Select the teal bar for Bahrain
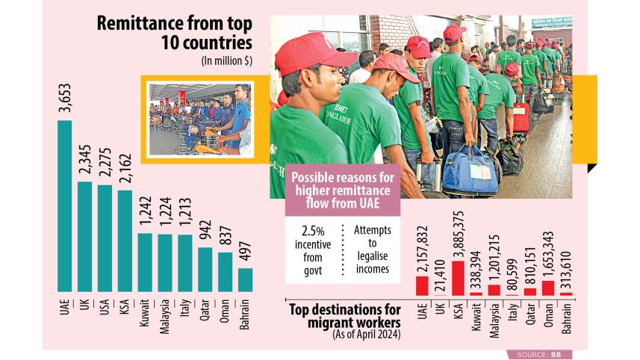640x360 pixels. coord(246,279)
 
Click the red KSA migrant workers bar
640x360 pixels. coord(458,278)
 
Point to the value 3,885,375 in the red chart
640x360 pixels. coord(458,233)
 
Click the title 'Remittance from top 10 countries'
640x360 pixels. coord(176,33)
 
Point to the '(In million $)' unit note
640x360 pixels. coord(226,61)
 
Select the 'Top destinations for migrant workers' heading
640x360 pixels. coord(345,315)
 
